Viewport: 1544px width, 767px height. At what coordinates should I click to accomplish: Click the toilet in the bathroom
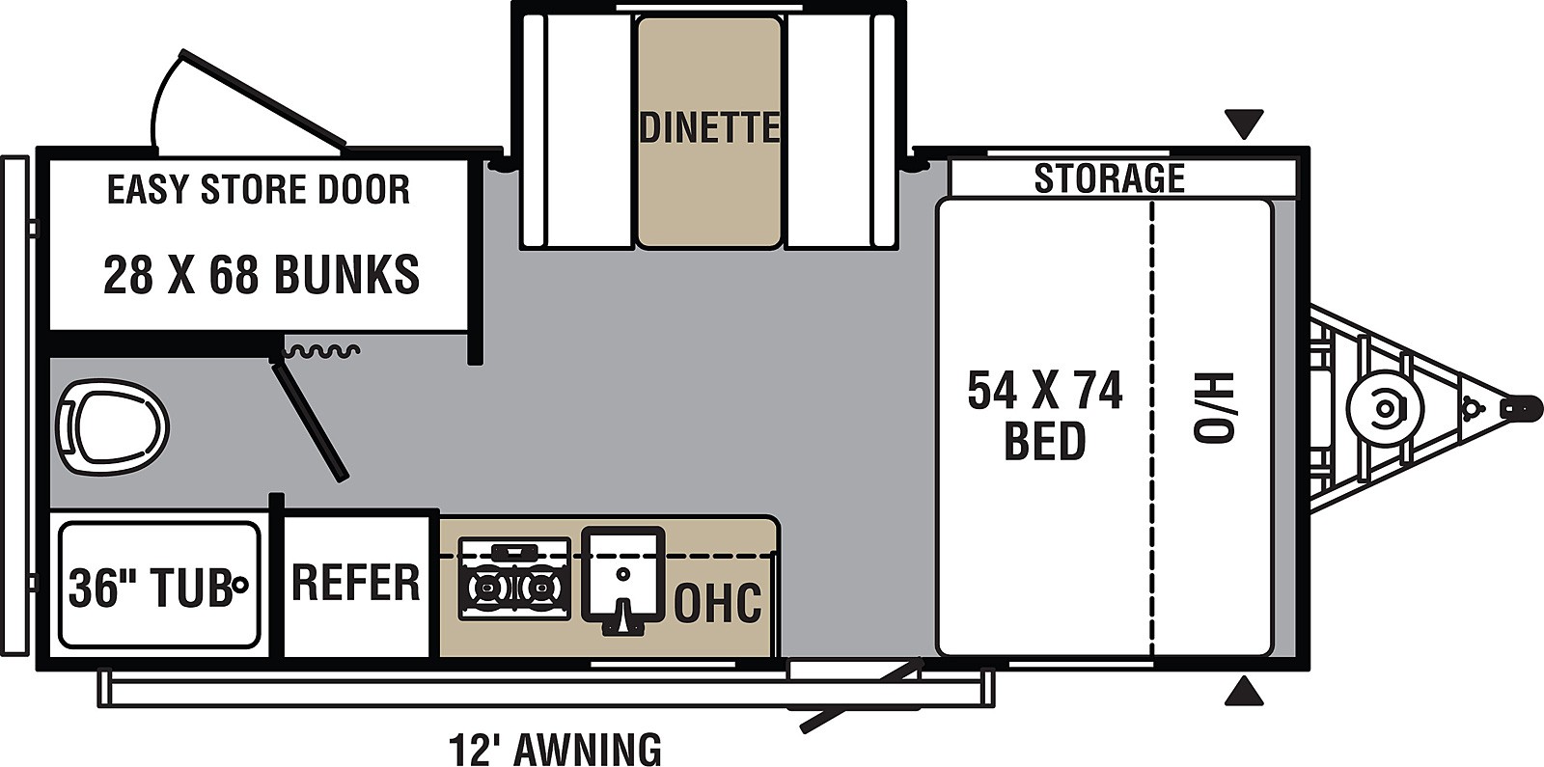point(112,426)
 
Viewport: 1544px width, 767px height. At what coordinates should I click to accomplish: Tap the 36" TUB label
point(150,586)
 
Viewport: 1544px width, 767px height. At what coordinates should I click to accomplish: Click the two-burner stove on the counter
point(514,579)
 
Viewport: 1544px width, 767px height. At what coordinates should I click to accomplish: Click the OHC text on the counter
point(717,602)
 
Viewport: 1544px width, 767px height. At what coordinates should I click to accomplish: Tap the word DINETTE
point(708,127)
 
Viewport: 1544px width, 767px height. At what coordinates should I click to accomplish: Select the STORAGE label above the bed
point(1109,178)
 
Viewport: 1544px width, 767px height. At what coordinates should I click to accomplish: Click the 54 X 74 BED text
point(1045,416)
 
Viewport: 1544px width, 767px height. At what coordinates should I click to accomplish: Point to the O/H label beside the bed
point(1213,407)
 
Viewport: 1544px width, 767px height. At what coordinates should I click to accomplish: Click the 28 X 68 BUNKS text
point(261,275)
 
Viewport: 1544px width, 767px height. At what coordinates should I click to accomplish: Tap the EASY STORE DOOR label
point(258,189)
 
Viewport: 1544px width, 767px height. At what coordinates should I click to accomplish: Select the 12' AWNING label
point(555,749)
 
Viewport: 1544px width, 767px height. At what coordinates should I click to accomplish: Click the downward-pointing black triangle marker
point(1244,123)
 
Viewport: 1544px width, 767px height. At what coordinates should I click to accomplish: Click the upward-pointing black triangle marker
point(1244,691)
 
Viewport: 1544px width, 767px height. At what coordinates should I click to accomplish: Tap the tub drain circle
point(240,584)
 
